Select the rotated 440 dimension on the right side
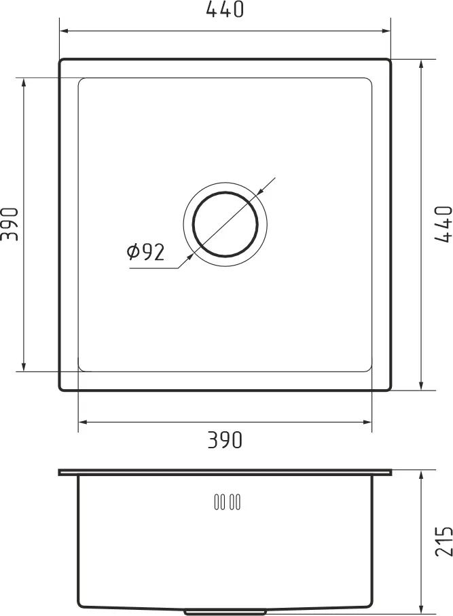442,223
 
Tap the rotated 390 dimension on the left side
9,223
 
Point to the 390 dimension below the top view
225,441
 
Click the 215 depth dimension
442,541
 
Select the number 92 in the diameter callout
154,253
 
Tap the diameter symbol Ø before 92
134,253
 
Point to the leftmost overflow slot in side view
217,503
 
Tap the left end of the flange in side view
60,472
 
